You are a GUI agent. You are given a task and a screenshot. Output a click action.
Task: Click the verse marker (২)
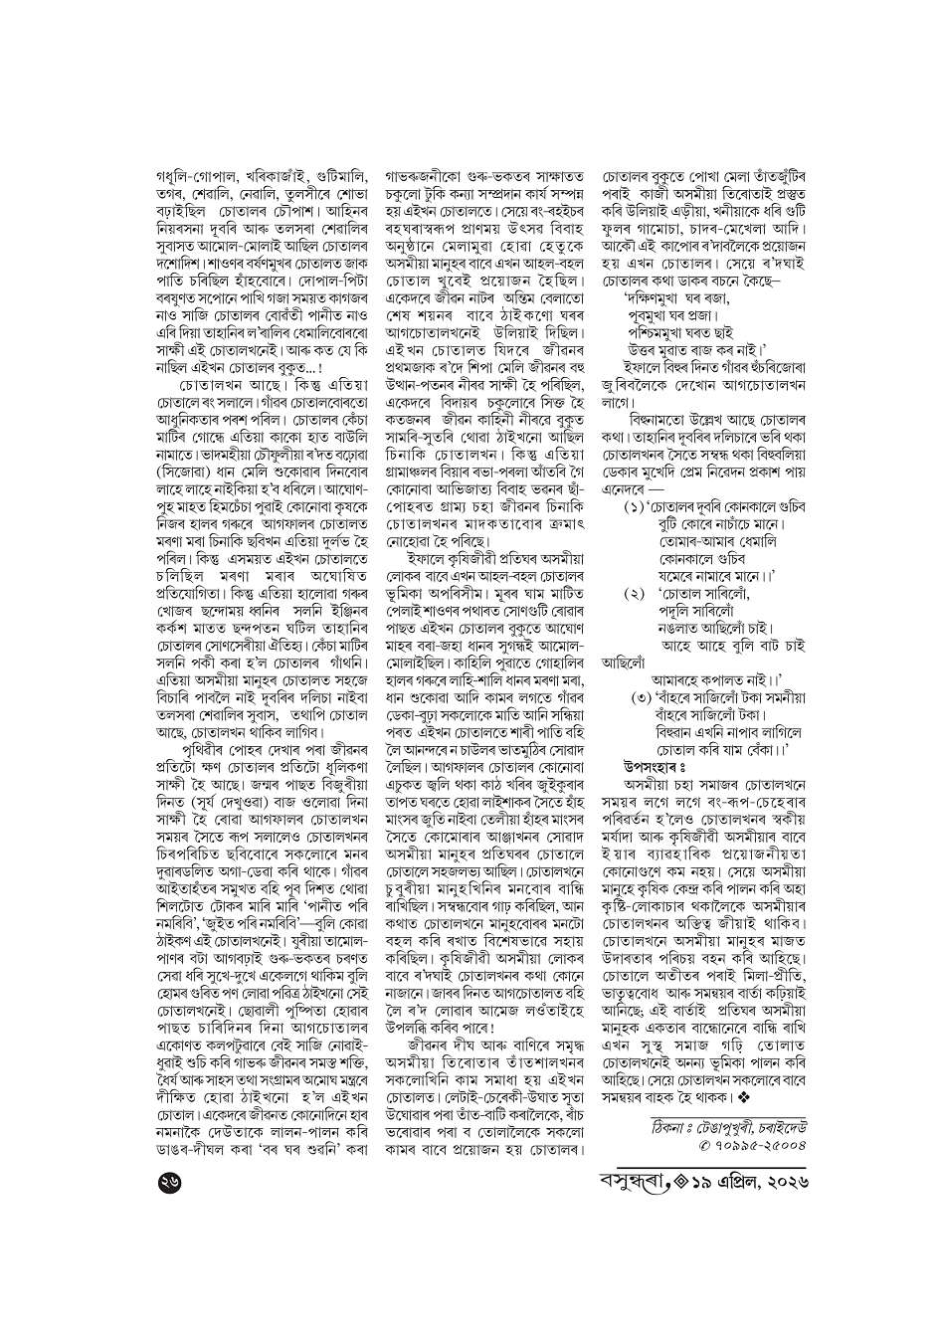click(636, 595)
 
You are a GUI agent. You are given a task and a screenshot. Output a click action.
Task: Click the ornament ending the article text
click(742, 1096)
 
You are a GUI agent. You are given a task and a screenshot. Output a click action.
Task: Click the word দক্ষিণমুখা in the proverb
click(657, 294)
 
